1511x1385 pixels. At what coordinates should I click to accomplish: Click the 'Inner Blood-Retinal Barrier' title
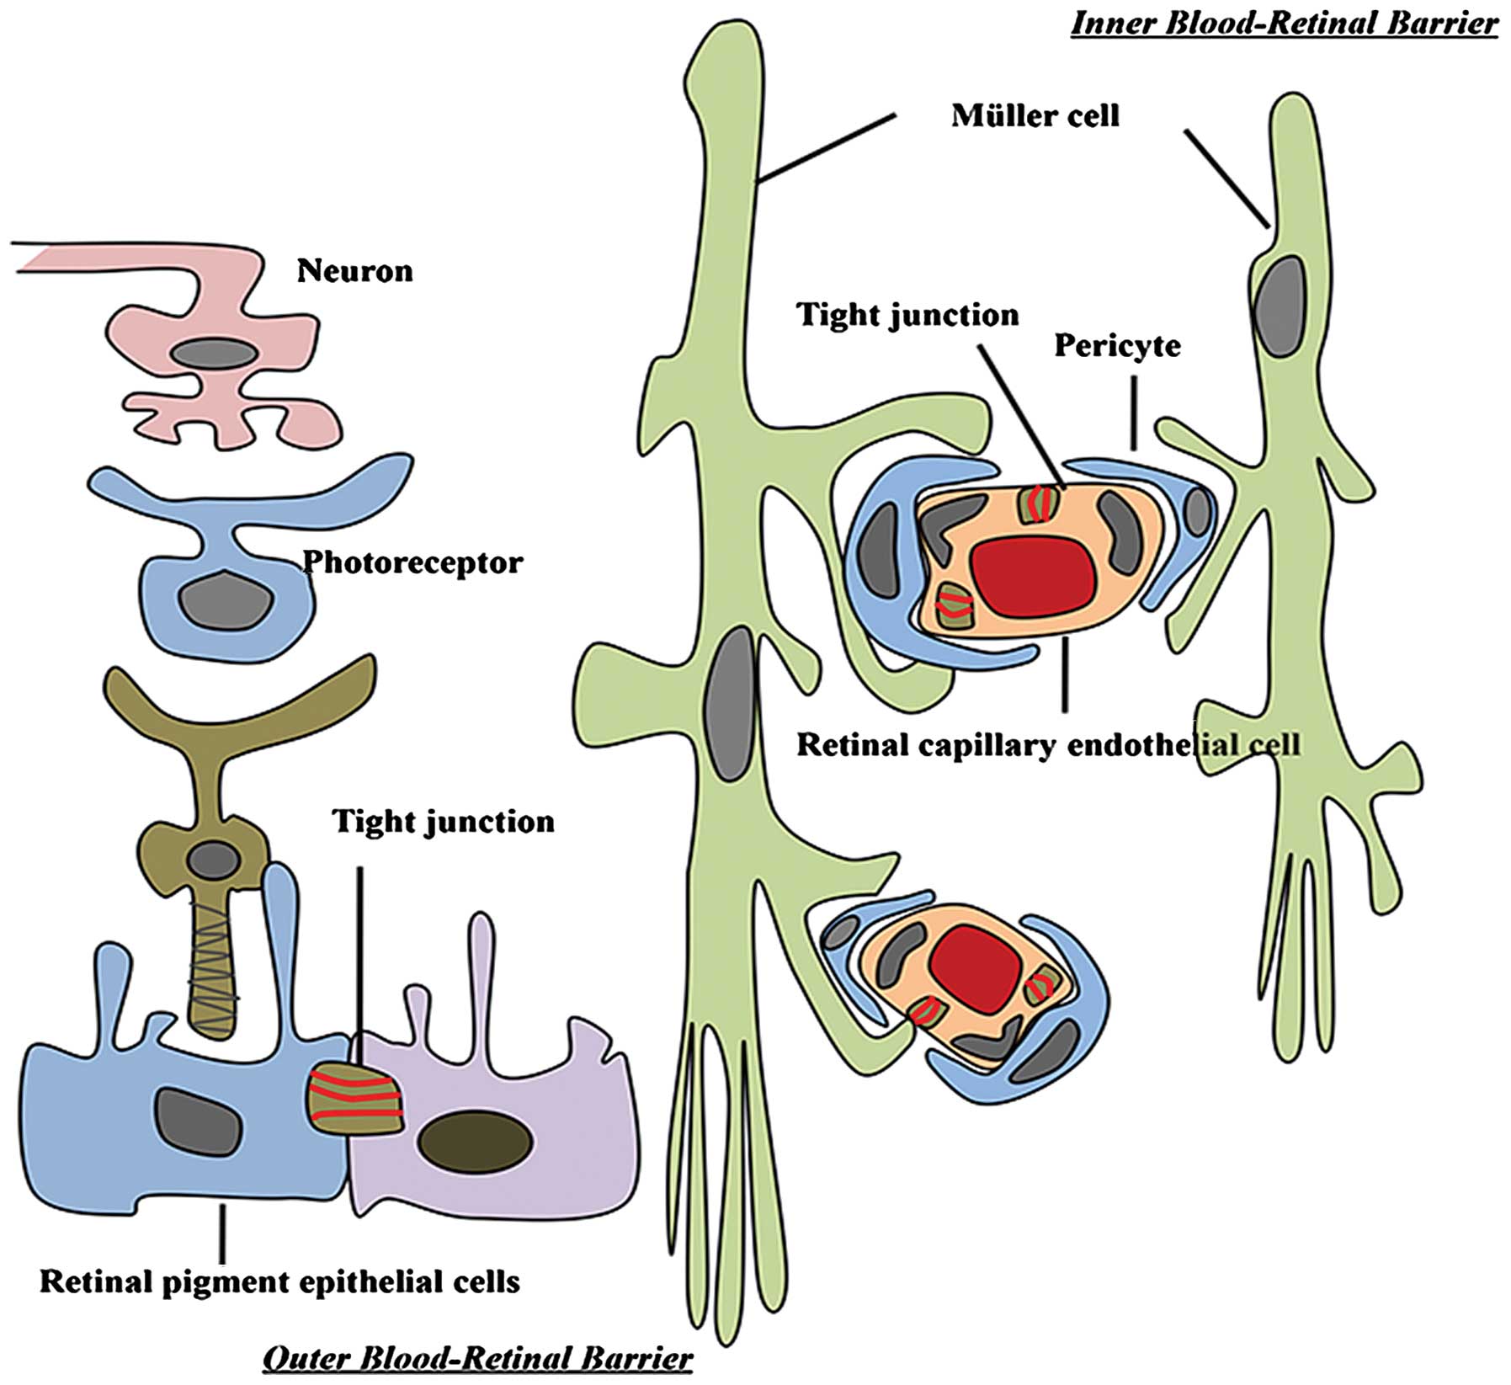1284,24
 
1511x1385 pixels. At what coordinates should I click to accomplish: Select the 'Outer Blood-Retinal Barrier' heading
477,1357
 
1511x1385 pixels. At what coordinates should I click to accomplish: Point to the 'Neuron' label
354,270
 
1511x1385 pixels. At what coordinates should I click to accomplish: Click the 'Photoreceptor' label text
412,562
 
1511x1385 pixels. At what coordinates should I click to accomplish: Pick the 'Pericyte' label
1117,346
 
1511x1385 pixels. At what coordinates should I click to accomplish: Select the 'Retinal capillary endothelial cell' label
1049,744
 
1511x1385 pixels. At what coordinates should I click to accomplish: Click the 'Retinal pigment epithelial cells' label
279,1281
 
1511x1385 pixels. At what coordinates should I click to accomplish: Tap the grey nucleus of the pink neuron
212,354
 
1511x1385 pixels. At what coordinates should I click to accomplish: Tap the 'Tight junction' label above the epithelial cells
444,821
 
